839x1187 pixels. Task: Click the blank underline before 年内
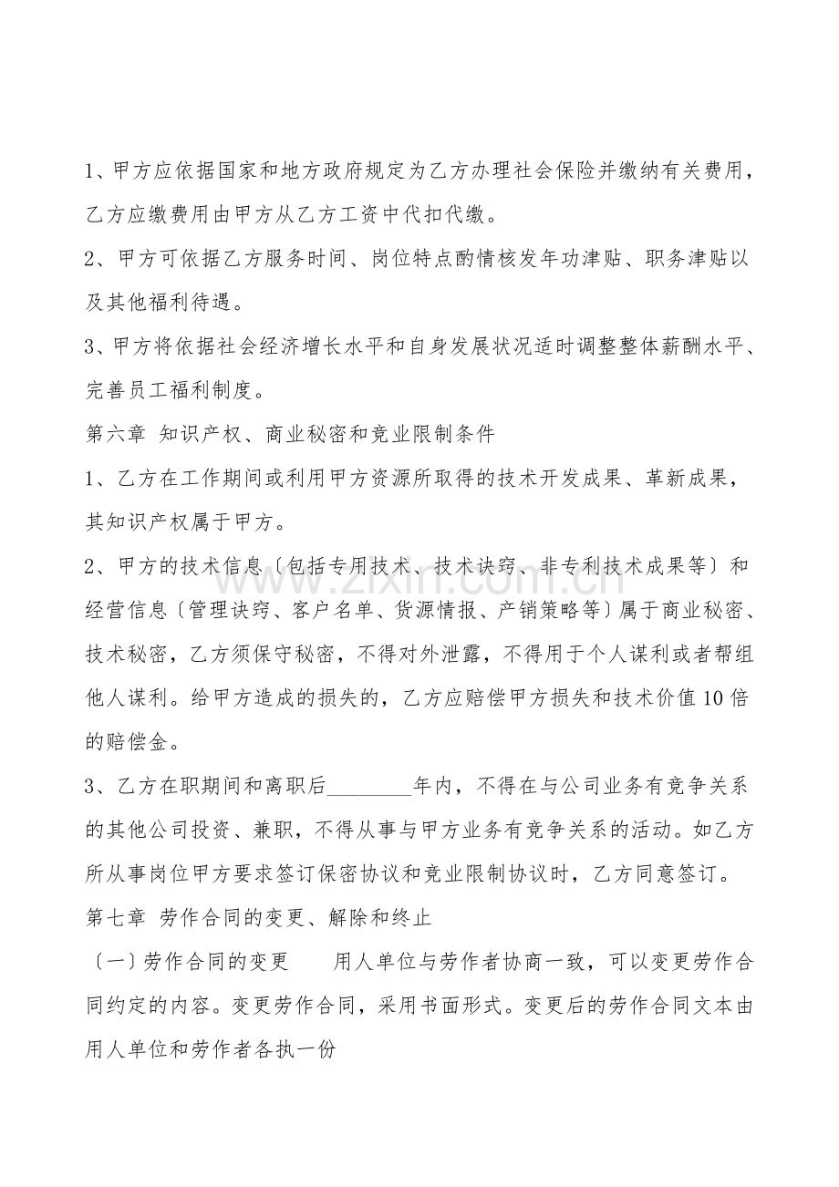[368, 785]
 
